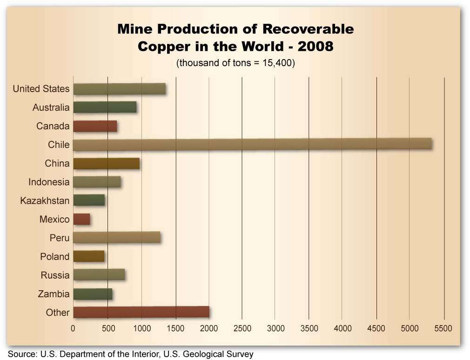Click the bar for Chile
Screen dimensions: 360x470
[253, 144]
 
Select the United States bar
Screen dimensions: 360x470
[120, 89]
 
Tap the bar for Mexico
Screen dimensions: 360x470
[82, 219]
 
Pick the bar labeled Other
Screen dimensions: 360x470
[141, 312]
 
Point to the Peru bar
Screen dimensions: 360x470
[117, 238]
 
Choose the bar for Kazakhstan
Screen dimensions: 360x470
[89, 200]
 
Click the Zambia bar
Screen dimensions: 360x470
[93, 293]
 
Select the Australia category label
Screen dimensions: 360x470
[51, 107]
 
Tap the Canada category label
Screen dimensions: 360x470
[53, 126]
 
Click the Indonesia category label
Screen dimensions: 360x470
[49, 182]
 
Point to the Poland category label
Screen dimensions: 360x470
[54, 256]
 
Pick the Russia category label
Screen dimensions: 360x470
[55, 275]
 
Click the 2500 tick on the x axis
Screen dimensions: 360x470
[242, 328]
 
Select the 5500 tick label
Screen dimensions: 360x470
[443, 328]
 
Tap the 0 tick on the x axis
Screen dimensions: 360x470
[73, 328]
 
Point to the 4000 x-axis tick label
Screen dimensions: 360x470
[342, 328]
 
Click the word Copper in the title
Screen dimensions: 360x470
[166, 47]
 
